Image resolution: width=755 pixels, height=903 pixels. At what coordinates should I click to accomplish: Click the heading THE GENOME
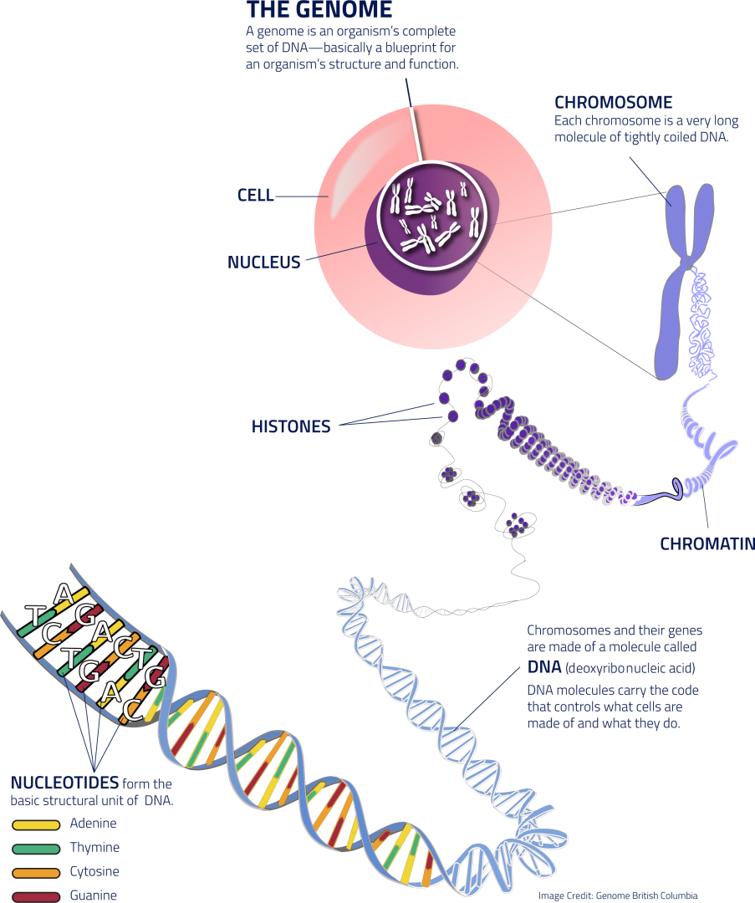click(319, 10)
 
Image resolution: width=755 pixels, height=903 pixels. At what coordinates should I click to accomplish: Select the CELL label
click(255, 196)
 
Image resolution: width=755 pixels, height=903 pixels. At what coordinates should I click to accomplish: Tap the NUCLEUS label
click(263, 263)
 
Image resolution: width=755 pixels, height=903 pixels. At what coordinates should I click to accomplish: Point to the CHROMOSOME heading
click(613, 103)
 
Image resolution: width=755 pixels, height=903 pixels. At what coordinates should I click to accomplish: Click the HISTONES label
click(290, 427)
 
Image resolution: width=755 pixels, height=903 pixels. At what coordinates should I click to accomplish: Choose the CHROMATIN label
click(707, 544)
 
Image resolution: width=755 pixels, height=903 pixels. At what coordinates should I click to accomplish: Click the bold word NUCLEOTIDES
click(64, 784)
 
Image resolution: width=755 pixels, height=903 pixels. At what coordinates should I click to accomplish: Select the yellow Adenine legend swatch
click(36, 824)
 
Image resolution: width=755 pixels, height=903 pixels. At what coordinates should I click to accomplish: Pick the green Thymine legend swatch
click(36, 849)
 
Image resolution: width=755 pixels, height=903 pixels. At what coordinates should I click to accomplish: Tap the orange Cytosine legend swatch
click(36, 873)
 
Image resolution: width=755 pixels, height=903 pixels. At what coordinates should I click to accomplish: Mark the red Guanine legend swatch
click(36, 896)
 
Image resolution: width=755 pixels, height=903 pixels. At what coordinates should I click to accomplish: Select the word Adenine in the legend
click(93, 824)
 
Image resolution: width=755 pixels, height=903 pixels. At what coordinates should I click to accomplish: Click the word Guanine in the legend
click(94, 895)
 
